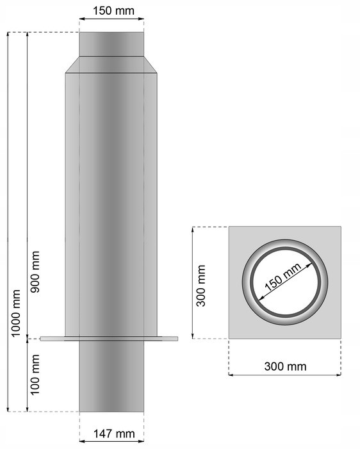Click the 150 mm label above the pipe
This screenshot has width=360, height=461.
coord(113,11)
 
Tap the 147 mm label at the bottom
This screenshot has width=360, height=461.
coord(114,433)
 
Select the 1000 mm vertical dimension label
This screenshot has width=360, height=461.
coord(15,313)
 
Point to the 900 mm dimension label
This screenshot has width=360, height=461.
coord(35,271)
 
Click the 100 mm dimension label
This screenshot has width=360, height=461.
coord(35,375)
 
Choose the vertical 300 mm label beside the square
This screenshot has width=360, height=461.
coord(201,286)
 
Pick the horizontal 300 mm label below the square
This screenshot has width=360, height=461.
coord(285,366)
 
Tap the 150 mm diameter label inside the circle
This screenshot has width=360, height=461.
coord(283,277)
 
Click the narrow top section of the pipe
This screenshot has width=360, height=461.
coord(111,44)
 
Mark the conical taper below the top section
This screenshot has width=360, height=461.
coord(111,65)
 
